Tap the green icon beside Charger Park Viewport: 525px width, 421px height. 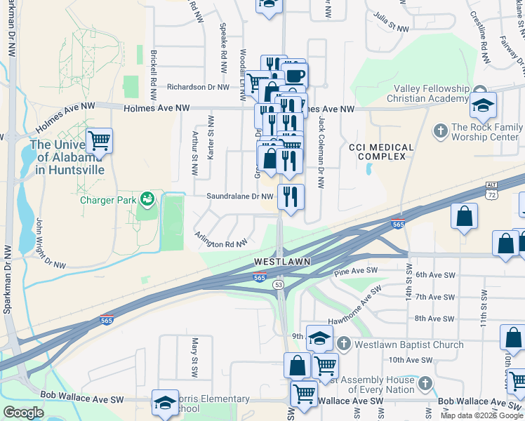click(x=146, y=199)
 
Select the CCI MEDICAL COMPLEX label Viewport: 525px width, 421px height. click(x=377, y=151)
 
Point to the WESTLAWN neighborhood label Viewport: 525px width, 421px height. click(x=281, y=261)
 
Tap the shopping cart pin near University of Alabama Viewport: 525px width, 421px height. click(x=99, y=140)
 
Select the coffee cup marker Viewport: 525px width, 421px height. click(x=295, y=74)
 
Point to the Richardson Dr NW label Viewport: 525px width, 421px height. click(x=198, y=88)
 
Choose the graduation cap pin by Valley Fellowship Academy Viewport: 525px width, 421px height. click(x=483, y=105)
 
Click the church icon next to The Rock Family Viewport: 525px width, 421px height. click(x=440, y=130)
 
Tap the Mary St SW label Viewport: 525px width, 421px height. click(x=195, y=355)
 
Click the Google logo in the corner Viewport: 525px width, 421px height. click(x=23, y=412)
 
